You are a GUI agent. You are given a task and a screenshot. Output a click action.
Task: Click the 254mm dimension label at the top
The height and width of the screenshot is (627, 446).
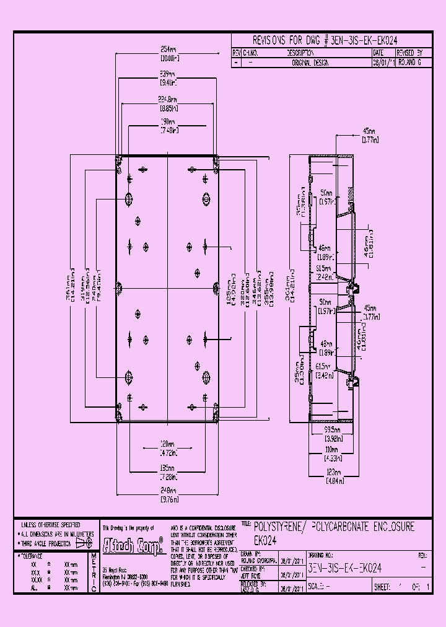[167, 50]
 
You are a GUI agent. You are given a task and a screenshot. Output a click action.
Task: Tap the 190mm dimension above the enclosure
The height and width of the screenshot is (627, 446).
[167, 122]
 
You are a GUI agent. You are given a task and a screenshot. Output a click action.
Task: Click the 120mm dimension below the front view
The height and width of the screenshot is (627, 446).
[167, 444]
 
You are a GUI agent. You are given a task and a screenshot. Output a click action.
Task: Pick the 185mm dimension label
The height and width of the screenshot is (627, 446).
[167, 468]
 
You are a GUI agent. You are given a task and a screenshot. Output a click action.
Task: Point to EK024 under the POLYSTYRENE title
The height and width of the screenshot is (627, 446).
[265, 540]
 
